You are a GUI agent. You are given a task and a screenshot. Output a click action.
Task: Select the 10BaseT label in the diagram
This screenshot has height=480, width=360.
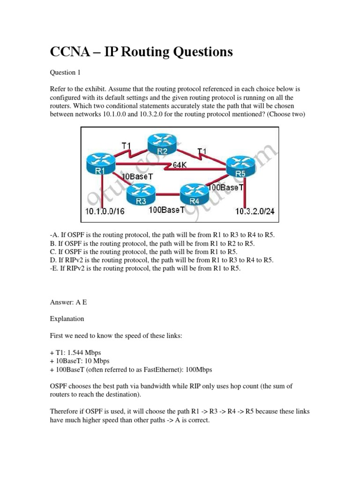pos(135,177)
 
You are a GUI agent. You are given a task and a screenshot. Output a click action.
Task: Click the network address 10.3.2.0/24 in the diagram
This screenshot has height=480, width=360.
pos(255,212)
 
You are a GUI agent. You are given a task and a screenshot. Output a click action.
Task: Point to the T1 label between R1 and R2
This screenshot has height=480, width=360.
pos(127,146)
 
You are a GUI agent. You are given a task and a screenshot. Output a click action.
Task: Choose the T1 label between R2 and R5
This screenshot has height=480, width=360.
pos(202,151)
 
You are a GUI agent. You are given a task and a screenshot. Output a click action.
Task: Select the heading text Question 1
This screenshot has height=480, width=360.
pos(69,72)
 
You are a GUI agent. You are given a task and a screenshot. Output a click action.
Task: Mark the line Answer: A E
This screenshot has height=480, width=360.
pos(68,302)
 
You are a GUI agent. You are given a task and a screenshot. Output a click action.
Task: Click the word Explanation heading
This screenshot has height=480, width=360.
pos(67,319)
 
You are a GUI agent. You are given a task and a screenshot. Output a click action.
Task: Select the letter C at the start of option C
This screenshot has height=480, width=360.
pos(52,251)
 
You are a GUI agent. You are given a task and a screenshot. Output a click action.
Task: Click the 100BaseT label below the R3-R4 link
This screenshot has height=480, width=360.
pos(166,210)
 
